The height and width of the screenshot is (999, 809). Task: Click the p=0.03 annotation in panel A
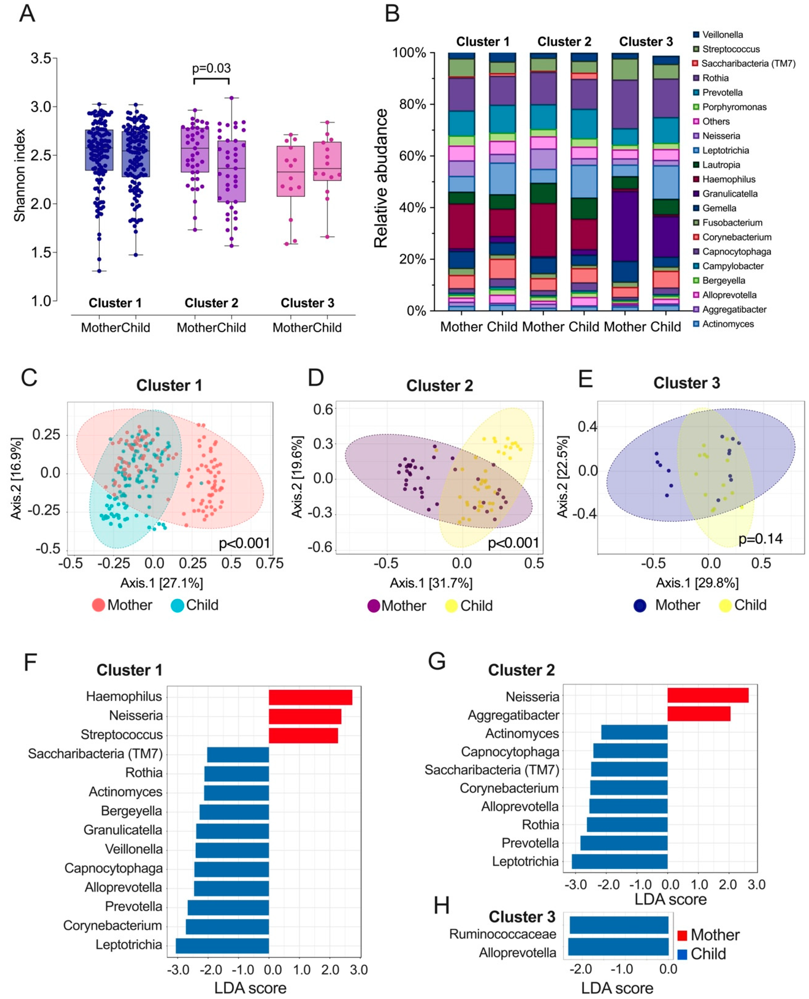(x=211, y=69)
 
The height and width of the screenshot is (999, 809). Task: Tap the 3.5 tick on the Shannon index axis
(x=40, y=59)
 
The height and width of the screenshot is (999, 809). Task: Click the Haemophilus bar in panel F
(x=310, y=698)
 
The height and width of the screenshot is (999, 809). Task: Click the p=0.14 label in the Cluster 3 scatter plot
(x=760, y=539)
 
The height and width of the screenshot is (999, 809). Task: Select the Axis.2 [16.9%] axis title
(x=16, y=479)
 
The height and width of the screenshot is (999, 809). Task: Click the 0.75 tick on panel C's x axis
(x=269, y=563)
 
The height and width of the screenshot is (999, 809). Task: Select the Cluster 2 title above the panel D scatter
(x=439, y=386)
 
